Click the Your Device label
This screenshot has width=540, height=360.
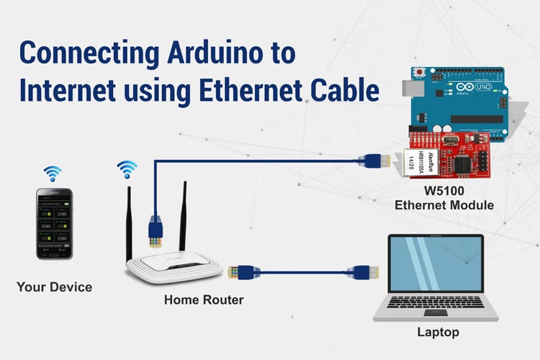coord(54,287)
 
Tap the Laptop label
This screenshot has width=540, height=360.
coord(438,332)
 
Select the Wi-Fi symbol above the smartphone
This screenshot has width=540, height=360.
coord(53,173)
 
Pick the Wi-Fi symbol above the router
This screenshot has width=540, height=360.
coord(127,169)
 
